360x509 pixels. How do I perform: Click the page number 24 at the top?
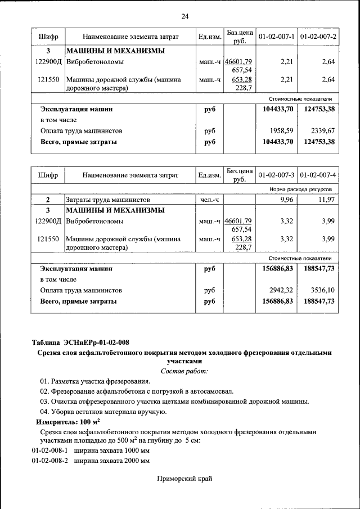coord(184,16)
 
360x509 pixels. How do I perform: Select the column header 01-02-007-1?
coord(276,37)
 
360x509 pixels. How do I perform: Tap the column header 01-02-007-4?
coord(318,177)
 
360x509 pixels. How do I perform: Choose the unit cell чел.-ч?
coord(209,200)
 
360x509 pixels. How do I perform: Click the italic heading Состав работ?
coord(184,371)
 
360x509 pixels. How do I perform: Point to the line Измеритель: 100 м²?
coord(68,421)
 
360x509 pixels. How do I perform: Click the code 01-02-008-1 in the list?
coord(49,451)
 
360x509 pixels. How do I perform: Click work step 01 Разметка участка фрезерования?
coord(94,381)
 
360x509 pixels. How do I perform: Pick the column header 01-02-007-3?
coord(276,177)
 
